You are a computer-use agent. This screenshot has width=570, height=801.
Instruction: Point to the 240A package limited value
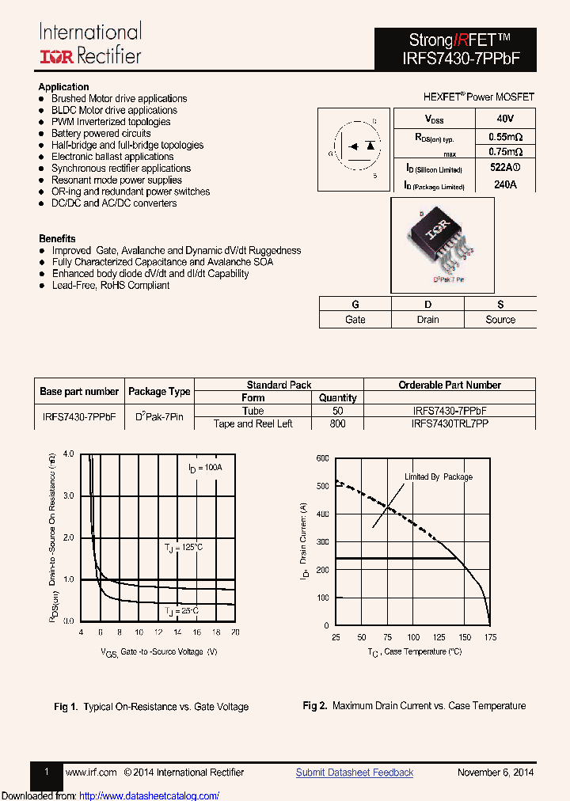coord(504,185)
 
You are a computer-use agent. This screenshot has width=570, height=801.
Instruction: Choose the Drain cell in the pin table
coord(427,320)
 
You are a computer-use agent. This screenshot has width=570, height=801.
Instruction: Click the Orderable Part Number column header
coord(449,385)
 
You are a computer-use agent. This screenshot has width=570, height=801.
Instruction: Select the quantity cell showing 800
coord(337,423)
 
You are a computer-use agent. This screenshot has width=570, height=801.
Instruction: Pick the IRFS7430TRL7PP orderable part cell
coord(449,423)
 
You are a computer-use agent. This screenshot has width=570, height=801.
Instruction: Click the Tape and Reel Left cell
coord(253,423)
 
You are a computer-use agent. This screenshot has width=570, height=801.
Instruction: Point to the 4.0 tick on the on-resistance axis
coord(68,454)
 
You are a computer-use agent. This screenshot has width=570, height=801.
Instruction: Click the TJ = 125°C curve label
coord(184,548)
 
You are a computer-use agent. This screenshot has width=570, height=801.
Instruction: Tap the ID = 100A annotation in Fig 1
coord(205,468)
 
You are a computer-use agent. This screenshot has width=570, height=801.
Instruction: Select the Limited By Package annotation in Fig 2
coord(439,477)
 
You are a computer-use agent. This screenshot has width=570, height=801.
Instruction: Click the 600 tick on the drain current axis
coord(323,458)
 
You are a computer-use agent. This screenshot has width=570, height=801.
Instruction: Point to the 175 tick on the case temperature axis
coord(490,637)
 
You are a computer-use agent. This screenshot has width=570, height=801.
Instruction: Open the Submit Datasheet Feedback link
coord(355,773)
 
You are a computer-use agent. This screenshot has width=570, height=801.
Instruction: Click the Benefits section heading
coord(57,238)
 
